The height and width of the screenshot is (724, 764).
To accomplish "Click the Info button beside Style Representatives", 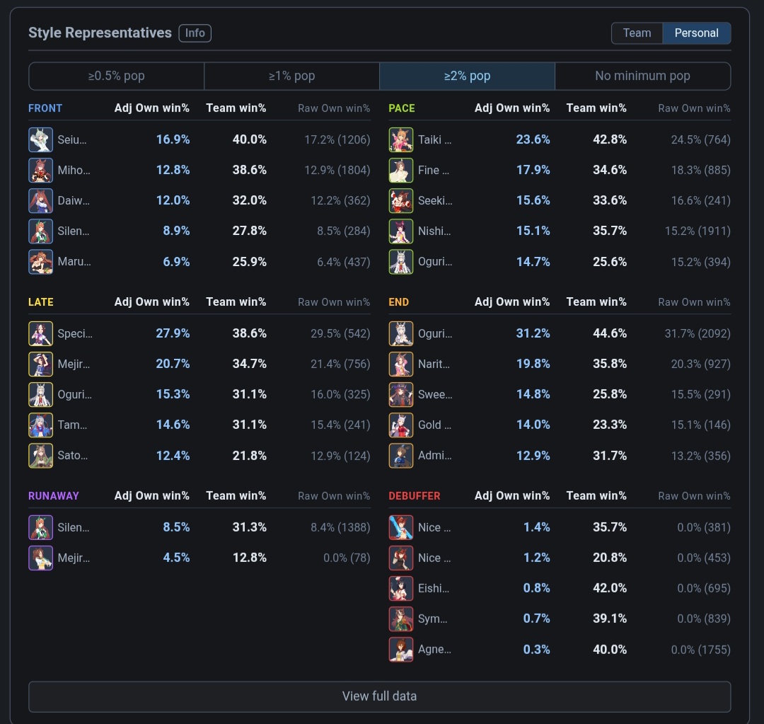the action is (x=195, y=33).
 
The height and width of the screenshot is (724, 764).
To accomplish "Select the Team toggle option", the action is (x=637, y=33).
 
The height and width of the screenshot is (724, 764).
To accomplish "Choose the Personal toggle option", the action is (x=696, y=33).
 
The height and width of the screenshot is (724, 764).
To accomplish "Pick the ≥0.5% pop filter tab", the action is (x=117, y=76).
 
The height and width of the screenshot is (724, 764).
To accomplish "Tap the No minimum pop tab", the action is (x=642, y=76).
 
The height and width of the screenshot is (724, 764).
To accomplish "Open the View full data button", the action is (x=380, y=696).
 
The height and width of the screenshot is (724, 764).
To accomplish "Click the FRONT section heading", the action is (x=45, y=108).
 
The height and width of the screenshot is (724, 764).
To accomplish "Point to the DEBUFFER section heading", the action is (x=414, y=496).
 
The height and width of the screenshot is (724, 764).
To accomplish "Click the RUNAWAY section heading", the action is (x=54, y=496).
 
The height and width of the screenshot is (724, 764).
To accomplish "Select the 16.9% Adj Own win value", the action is (x=173, y=139).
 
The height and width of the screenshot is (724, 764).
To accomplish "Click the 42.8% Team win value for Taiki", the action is (x=610, y=139).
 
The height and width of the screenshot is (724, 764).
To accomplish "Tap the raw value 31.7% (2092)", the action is (x=698, y=333).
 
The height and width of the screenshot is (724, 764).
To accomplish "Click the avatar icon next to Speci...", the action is (x=40, y=333).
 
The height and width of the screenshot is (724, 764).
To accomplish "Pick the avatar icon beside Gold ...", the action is (x=400, y=425).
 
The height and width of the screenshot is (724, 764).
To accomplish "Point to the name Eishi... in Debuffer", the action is (x=434, y=588).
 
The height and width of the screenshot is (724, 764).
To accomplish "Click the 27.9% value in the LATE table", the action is (x=173, y=333).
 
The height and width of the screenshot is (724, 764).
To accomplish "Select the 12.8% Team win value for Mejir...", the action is (x=250, y=558).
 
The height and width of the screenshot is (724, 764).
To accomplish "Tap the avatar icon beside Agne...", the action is (x=400, y=650).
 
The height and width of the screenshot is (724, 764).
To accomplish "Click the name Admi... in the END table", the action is (x=434, y=456).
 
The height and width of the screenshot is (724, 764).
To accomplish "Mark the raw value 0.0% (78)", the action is (x=347, y=558).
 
